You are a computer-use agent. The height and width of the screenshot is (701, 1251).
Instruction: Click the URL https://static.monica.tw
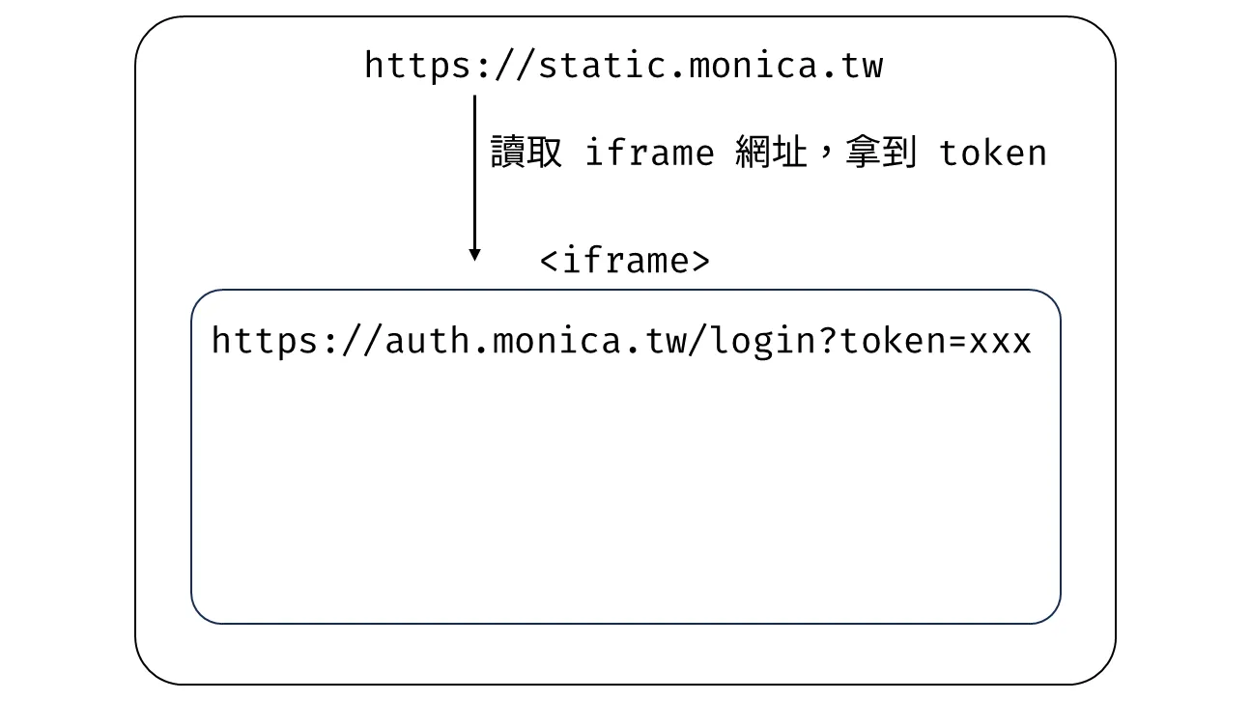[624, 66]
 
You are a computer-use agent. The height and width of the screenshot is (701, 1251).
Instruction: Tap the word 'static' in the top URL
[603, 66]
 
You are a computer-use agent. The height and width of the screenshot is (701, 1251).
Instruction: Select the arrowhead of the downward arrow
[474, 255]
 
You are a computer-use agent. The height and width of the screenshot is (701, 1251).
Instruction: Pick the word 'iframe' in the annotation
[649, 152]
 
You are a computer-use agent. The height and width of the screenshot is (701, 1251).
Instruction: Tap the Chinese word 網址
[771, 152]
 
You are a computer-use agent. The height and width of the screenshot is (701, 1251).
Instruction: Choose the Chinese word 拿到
[881, 152]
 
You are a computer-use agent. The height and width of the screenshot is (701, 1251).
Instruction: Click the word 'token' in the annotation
[992, 154]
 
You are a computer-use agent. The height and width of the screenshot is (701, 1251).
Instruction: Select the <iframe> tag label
[624, 261]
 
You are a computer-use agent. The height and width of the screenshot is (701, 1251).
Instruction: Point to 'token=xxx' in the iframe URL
[935, 341]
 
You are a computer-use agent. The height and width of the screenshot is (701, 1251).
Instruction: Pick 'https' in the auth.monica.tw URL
[264, 341]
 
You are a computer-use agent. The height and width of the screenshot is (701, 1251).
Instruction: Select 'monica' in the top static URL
[753, 66]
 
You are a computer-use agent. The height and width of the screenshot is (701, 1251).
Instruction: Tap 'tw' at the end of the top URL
[863, 66]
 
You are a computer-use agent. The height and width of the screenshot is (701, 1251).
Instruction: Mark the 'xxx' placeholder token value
[1000, 342]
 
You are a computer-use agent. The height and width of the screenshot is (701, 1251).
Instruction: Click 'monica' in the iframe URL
[556, 341]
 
